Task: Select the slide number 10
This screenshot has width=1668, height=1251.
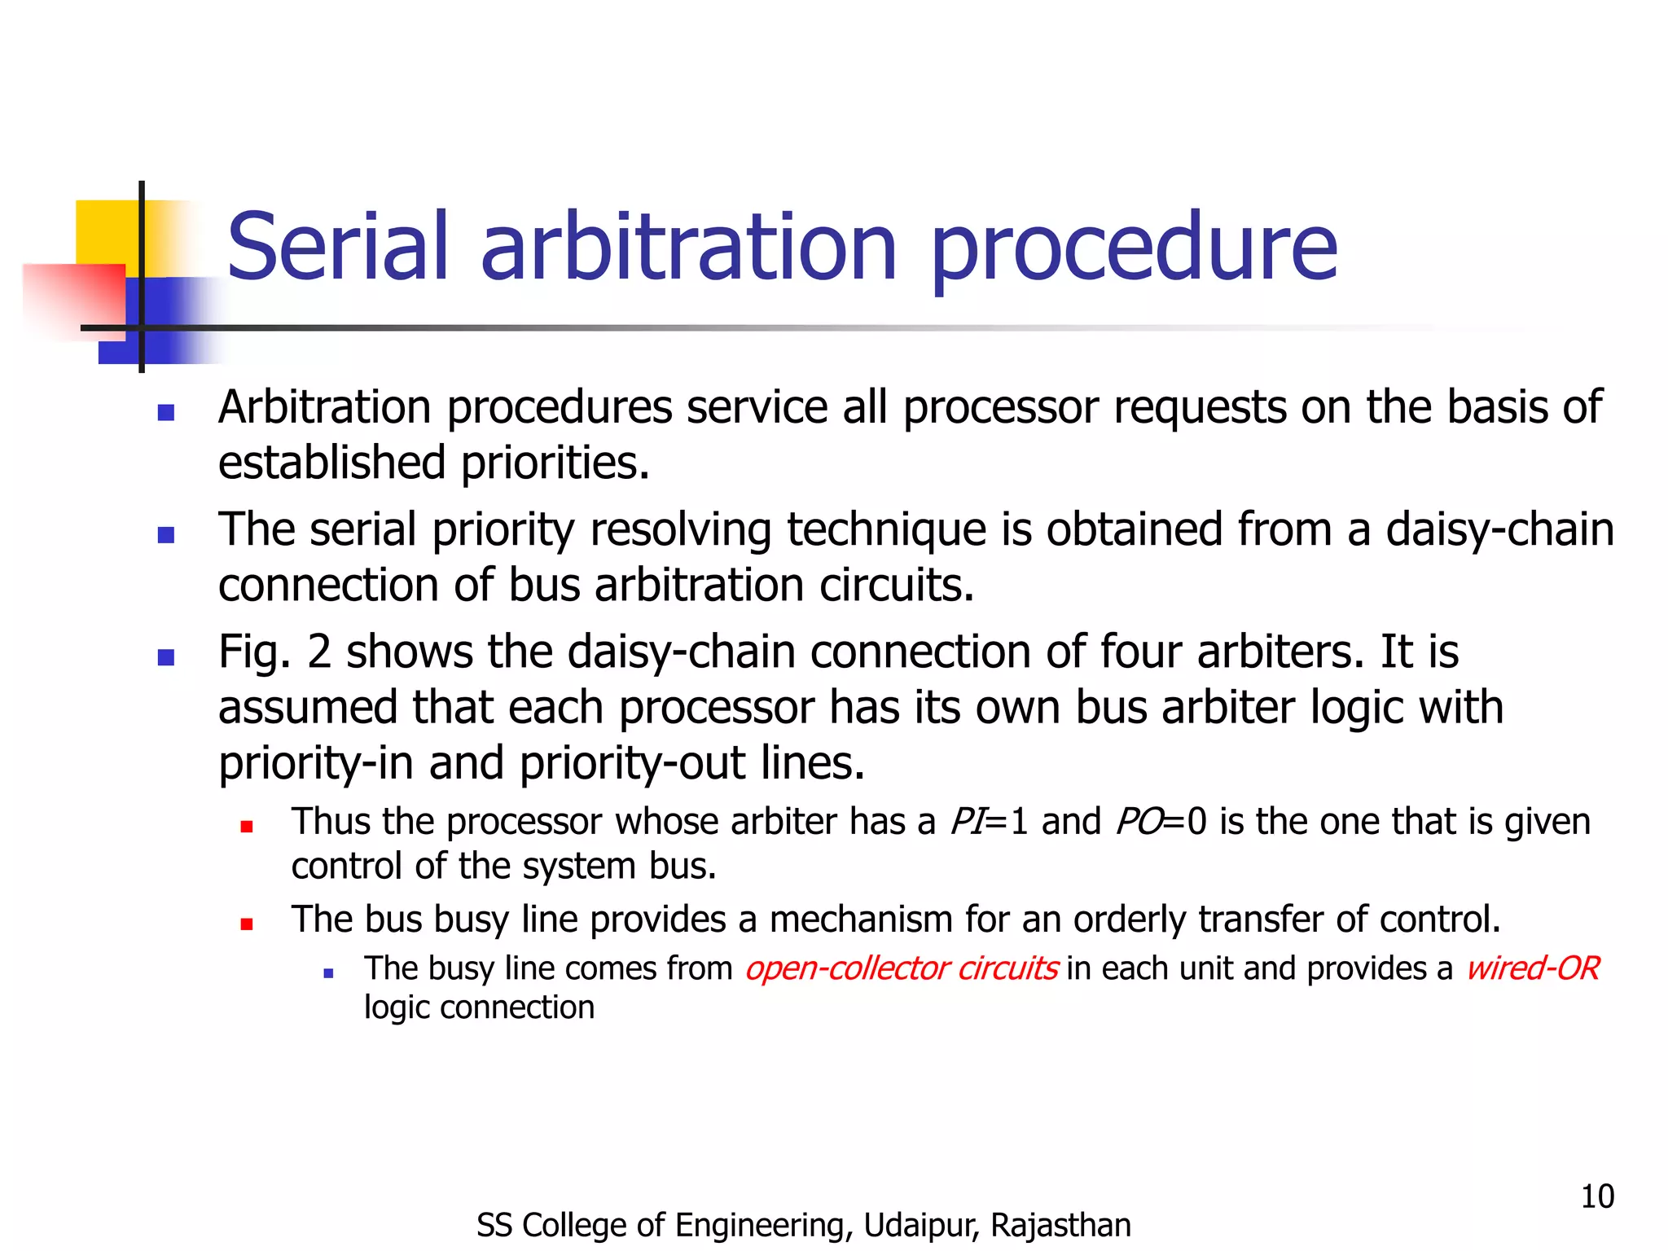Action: point(1596,1196)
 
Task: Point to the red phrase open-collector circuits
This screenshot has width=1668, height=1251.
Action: point(901,968)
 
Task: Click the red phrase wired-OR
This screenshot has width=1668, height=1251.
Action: point(1532,968)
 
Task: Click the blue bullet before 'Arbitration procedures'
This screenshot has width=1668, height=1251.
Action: point(166,412)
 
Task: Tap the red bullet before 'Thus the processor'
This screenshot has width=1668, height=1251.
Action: point(247,827)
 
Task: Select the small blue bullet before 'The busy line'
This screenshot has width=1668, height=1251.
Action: point(328,972)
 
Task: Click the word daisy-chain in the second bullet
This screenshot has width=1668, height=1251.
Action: point(1499,530)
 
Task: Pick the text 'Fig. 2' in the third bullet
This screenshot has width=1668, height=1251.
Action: point(274,652)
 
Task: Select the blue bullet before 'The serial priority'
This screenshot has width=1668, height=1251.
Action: point(166,535)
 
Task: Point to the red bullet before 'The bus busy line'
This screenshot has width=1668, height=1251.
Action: point(247,924)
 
